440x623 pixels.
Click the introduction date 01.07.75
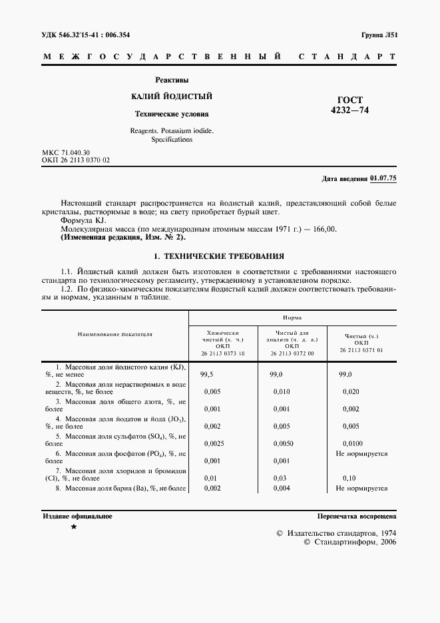383,178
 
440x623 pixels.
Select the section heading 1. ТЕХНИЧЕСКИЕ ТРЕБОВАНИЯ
219,256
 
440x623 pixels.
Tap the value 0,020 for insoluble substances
350,393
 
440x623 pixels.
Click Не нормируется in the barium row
361,488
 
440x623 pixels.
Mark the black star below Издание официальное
74,527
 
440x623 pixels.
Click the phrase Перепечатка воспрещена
357,516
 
